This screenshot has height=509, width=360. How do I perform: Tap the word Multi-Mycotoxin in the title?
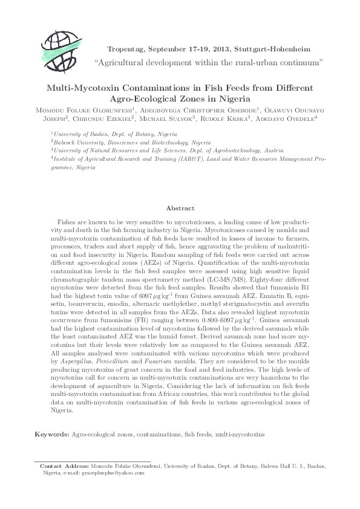coord(85,87)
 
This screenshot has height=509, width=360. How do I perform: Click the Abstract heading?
coord(180,207)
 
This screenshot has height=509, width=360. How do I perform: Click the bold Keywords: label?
coord(52,434)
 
